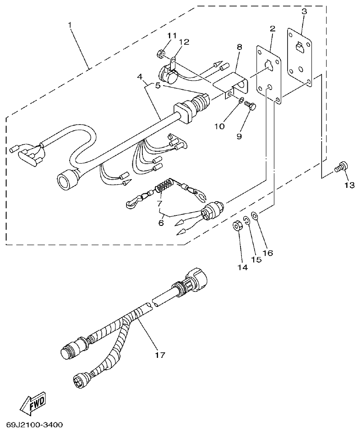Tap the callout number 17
(160, 354)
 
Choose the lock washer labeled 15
(246, 220)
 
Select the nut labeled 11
(161, 54)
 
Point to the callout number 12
(184, 42)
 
